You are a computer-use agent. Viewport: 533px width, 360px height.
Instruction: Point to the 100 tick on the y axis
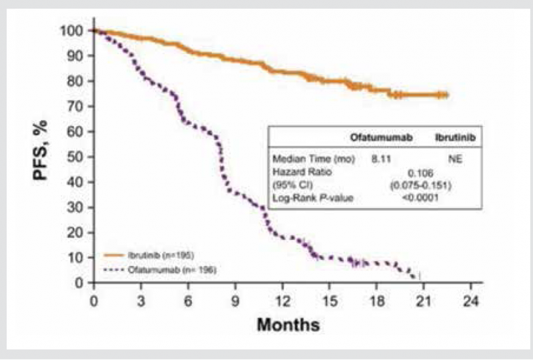point(75,31)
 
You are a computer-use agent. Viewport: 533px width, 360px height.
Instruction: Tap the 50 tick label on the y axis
point(78,157)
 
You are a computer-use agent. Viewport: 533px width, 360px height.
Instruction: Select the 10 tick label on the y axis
point(78,257)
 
